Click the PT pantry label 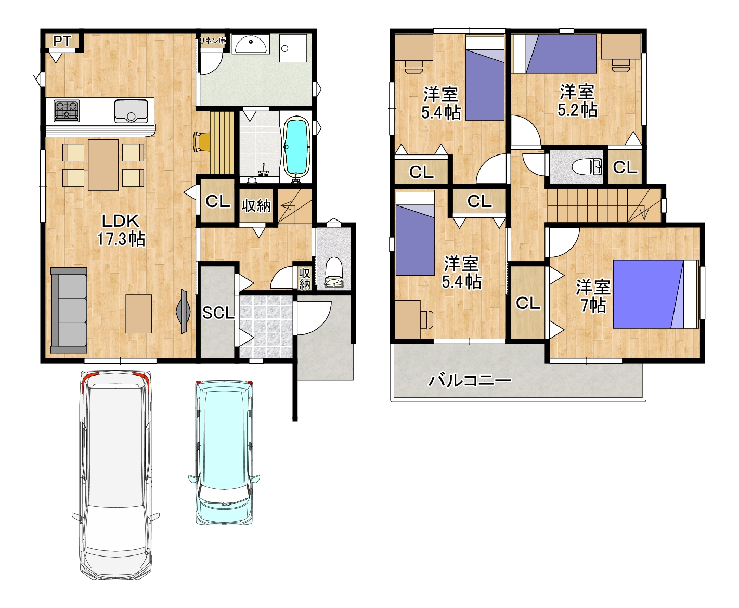coord(62,42)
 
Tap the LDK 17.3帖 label coord(121,230)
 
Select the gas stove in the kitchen coord(67,111)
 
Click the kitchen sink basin coord(131,111)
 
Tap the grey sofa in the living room coord(69,310)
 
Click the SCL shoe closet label coord(218,313)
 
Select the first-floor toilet coord(333,273)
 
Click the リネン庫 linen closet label coord(212,41)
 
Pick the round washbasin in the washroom coord(251,44)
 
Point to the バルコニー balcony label coord(470,380)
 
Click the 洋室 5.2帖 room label coord(577,100)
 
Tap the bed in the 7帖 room coord(655,294)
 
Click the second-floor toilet coord(587,166)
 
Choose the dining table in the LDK coord(103,165)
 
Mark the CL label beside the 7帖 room coord(528,303)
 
